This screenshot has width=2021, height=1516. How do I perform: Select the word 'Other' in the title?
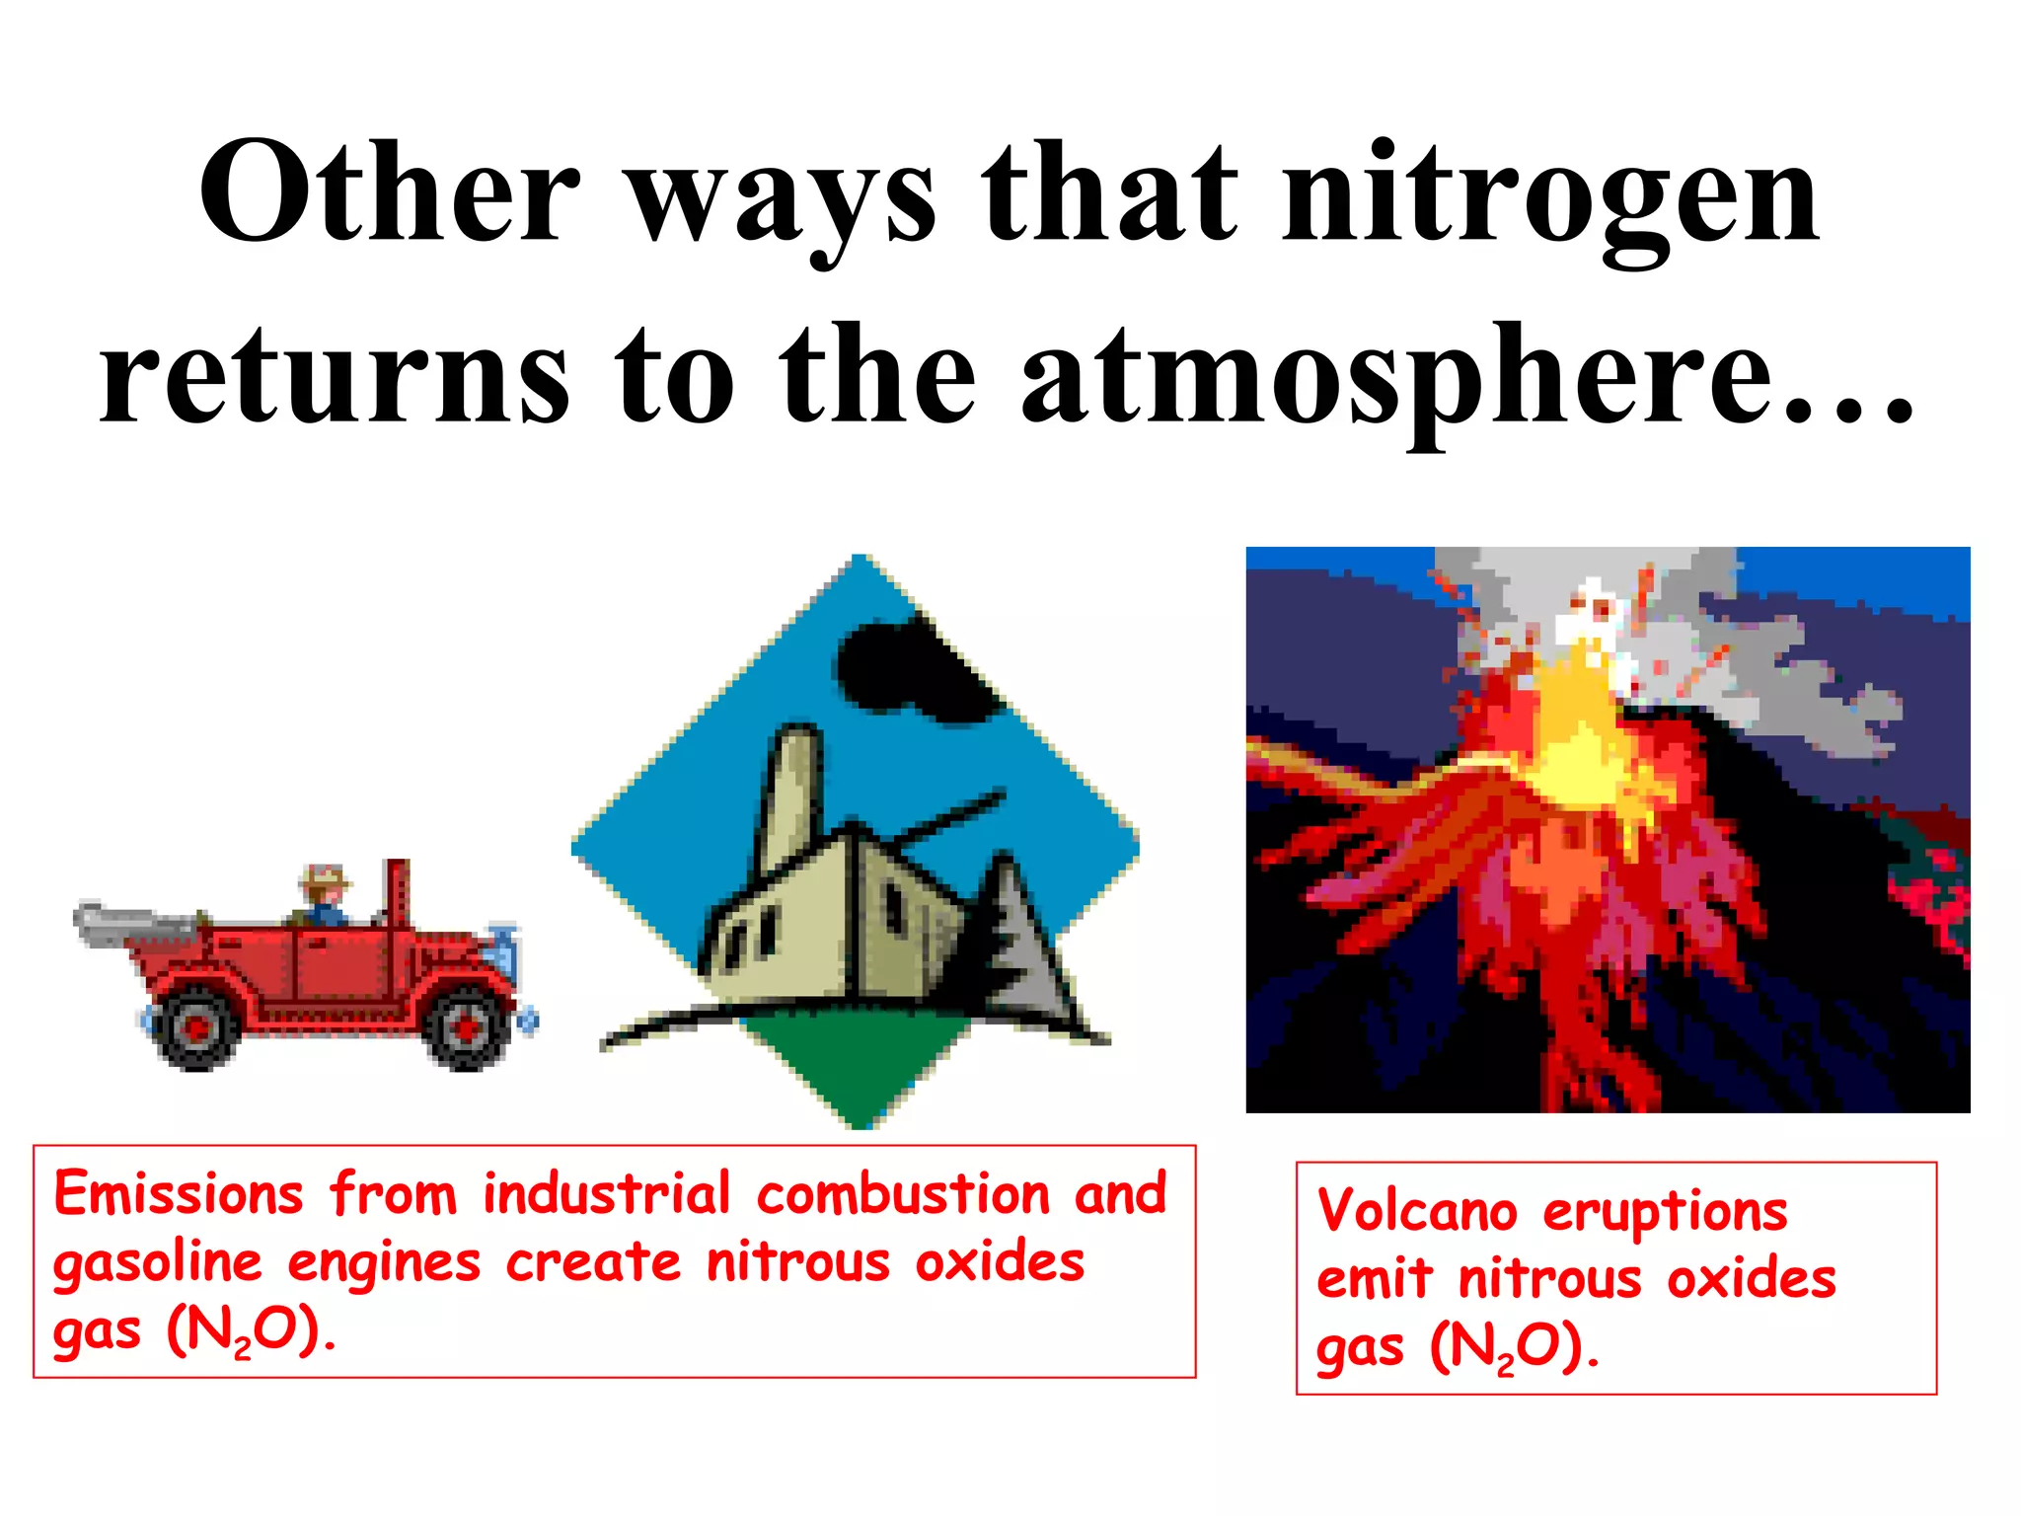click(390, 192)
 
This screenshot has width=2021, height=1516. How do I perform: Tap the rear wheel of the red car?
click(197, 1026)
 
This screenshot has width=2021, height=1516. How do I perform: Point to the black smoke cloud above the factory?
click(913, 671)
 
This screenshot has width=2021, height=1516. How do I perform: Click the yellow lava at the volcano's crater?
click(1579, 730)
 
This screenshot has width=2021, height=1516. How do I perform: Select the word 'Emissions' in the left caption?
click(179, 1194)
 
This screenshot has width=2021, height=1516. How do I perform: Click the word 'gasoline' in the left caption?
click(158, 1263)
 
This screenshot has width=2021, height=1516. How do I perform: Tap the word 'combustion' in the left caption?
click(903, 1194)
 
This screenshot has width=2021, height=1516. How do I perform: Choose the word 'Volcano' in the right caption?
click(1417, 1211)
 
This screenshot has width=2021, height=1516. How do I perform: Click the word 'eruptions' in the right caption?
click(1665, 1211)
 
